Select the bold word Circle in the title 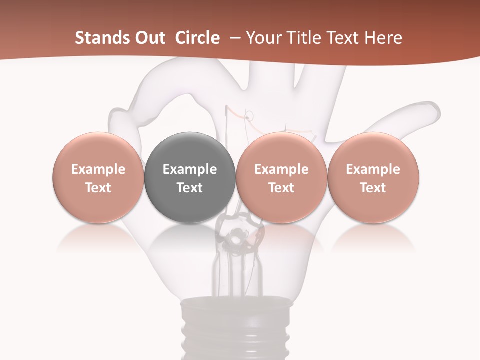tap(198, 38)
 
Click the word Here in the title tap(383, 38)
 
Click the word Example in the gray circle tap(190, 169)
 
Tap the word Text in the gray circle tap(190, 188)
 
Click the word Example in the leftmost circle tap(98, 169)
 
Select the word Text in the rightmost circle tap(373, 188)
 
